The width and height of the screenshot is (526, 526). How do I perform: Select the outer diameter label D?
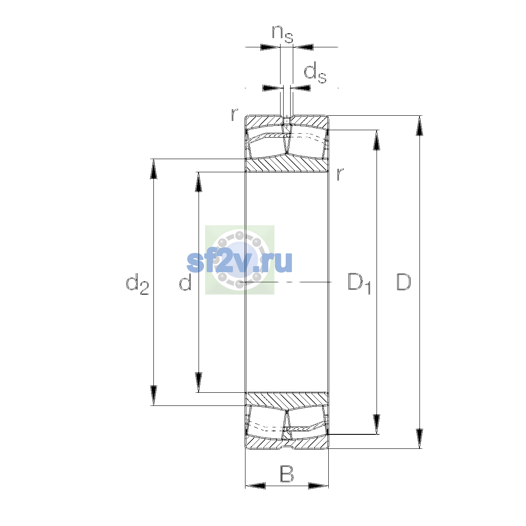(403, 282)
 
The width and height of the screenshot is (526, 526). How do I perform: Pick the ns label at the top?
(283, 34)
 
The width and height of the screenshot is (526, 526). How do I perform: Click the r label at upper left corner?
(234, 115)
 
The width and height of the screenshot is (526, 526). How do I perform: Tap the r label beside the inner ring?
(340, 174)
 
